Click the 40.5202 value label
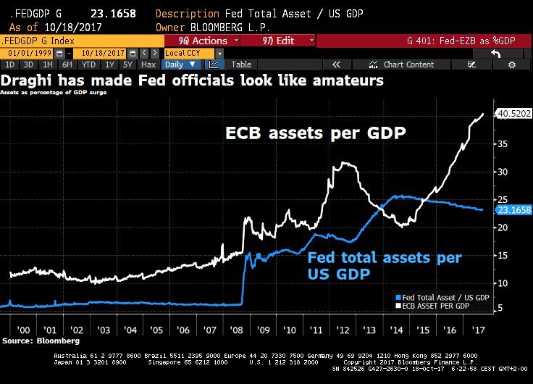point(513,114)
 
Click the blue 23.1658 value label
point(513,210)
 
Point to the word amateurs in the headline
point(347,80)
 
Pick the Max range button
point(148,64)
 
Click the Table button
point(241,64)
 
